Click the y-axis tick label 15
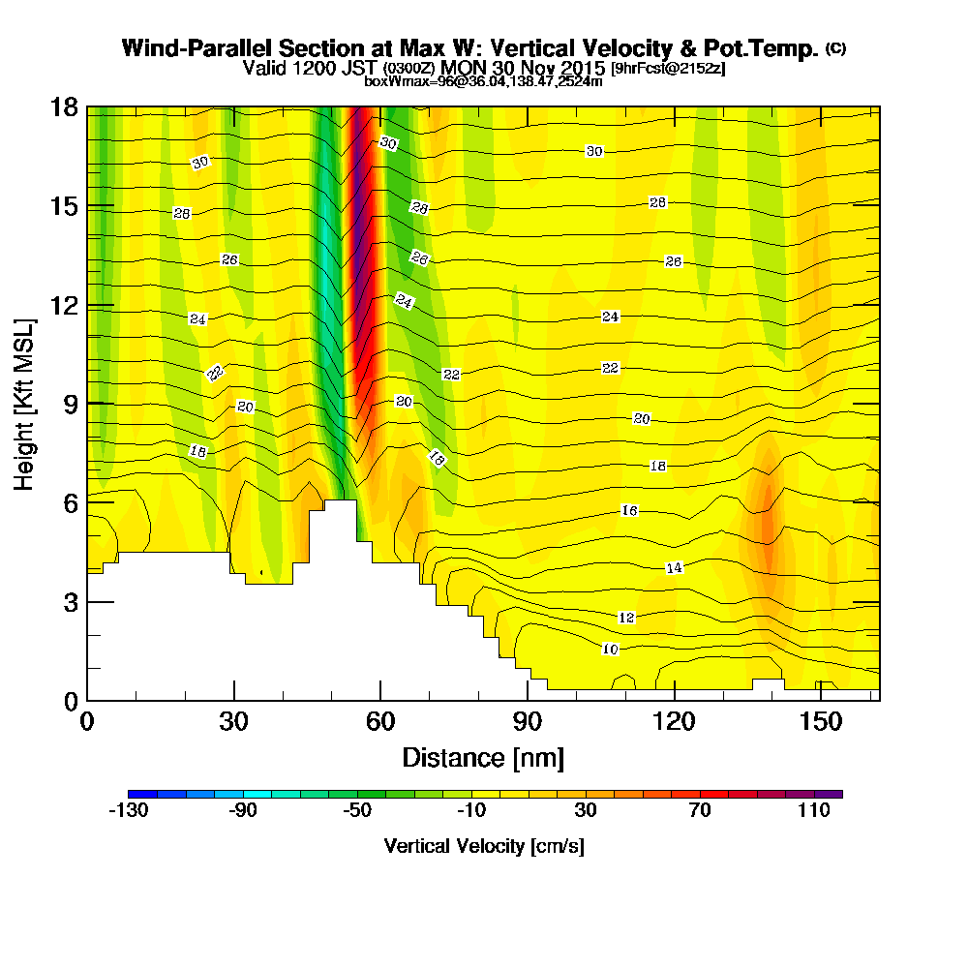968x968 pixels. pyautogui.click(x=65, y=206)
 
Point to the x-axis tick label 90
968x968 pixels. pyautogui.click(x=528, y=721)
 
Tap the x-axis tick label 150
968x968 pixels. pyautogui.click(x=821, y=721)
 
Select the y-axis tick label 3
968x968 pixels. pyautogui.click(x=71, y=602)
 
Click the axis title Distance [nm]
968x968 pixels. pyautogui.click(x=483, y=758)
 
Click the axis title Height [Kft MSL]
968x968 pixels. pyautogui.click(x=24, y=405)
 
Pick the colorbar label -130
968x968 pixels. pyautogui.click(x=129, y=810)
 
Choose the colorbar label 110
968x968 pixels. pyautogui.click(x=814, y=810)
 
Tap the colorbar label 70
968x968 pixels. pyautogui.click(x=700, y=810)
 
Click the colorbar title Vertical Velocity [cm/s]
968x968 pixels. pyautogui.click(x=484, y=846)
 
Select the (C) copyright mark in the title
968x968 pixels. pyautogui.click(x=836, y=47)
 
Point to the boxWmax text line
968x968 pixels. pyautogui.click(x=483, y=81)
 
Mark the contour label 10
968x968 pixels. pyautogui.click(x=610, y=649)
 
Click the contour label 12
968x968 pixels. pyautogui.click(x=626, y=618)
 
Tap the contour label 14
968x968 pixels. pyautogui.click(x=674, y=567)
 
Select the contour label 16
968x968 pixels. pyautogui.click(x=629, y=510)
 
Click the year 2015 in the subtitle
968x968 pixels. pyautogui.click(x=583, y=68)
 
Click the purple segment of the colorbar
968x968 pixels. pyautogui.click(x=828, y=794)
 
